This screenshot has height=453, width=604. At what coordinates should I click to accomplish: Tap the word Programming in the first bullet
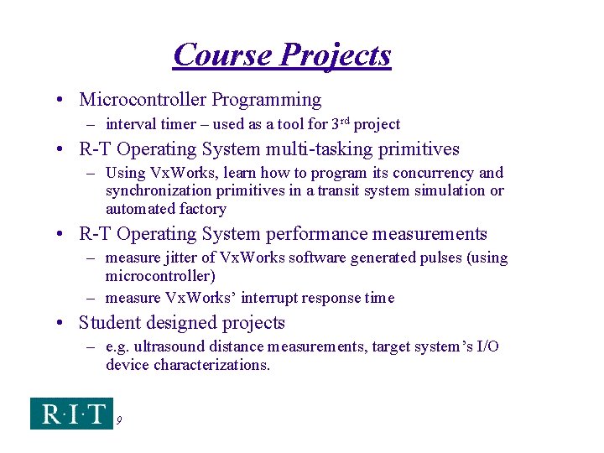pyautogui.click(x=266, y=100)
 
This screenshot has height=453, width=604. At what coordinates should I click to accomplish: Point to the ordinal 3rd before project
pyautogui.click(x=339, y=123)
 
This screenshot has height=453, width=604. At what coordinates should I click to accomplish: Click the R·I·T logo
pyautogui.click(x=71, y=414)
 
